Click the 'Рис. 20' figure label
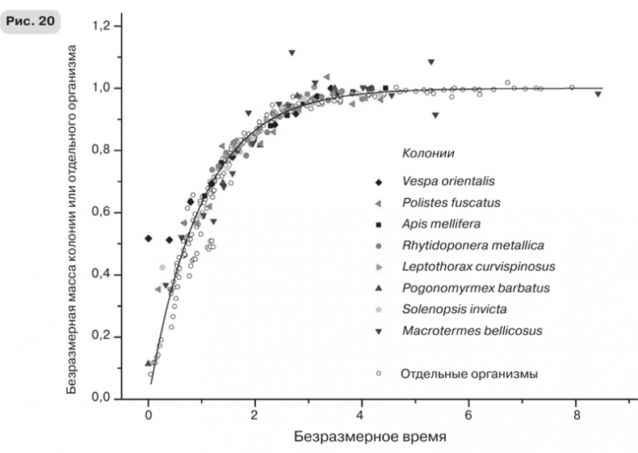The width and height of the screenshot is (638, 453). tap(31, 21)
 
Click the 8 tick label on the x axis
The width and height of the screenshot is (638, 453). tap(577, 416)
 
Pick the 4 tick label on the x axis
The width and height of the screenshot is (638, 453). tap(363, 416)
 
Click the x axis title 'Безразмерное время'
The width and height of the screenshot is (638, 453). tap(368, 437)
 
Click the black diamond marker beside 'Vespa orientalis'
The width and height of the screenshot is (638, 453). tap(377, 180)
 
